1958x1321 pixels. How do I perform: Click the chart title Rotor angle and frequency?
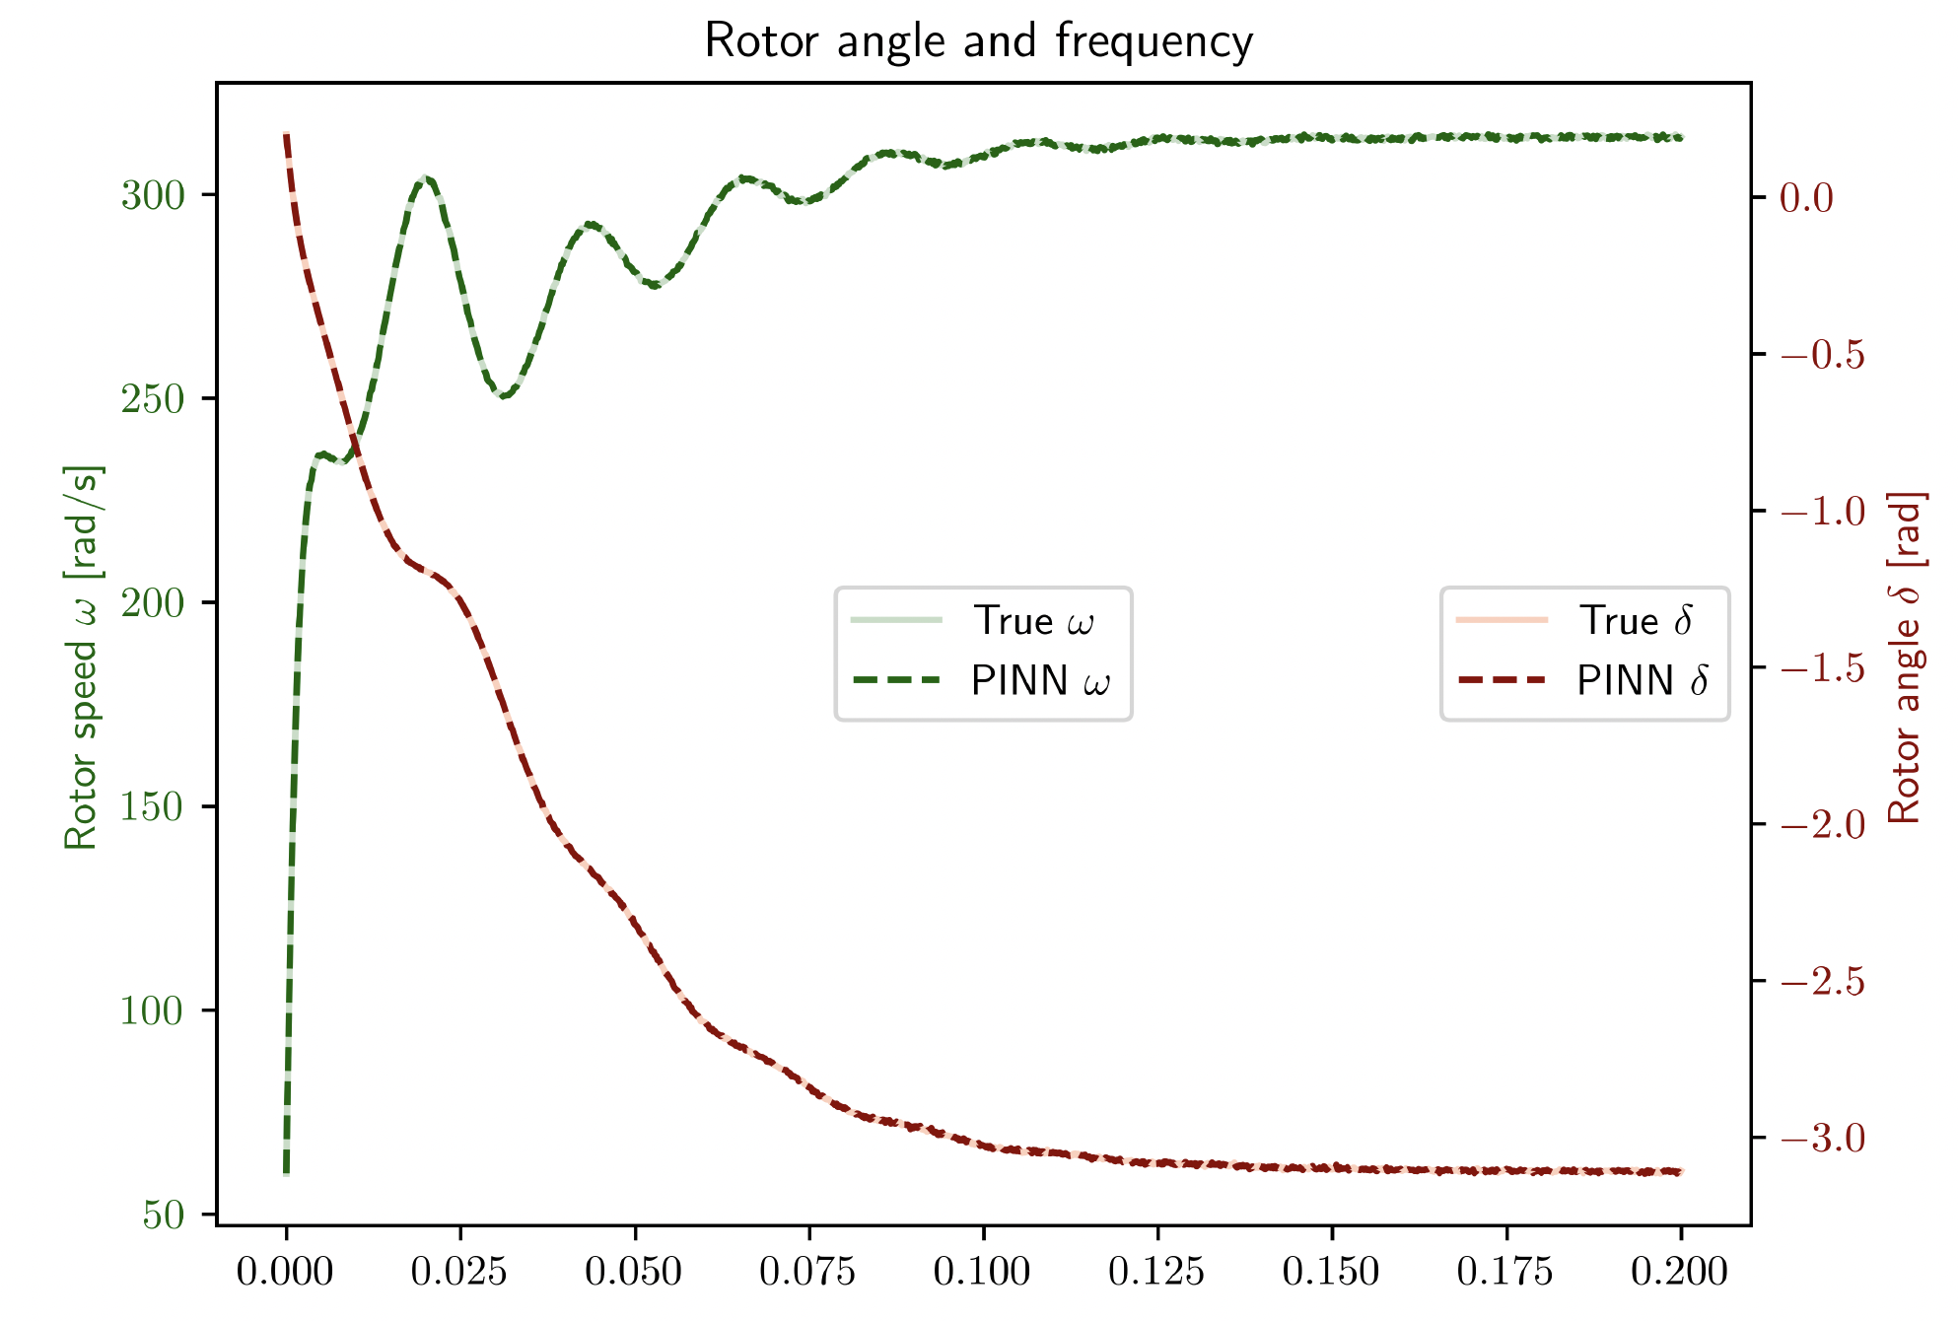click(978, 41)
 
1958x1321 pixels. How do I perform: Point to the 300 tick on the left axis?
click(153, 196)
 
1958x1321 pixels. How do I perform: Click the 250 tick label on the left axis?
click(153, 400)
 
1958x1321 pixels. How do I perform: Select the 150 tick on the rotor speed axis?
click(153, 807)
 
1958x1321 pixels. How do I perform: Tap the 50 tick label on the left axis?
click(164, 1216)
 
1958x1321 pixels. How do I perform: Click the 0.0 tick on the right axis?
click(1806, 198)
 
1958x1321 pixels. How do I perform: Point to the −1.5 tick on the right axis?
click(1823, 668)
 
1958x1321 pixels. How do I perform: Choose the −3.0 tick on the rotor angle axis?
click(1823, 1139)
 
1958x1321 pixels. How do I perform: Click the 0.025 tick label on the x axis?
click(459, 1272)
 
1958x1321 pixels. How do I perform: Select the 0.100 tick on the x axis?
click(983, 1272)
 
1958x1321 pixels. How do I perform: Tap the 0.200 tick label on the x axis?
click(1680, 1272)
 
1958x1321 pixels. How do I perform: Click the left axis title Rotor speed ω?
click(83, 657)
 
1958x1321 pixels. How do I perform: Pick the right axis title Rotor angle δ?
click(1905, 657)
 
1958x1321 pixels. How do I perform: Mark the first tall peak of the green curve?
click(425, 178)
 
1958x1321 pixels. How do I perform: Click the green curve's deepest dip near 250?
click(504, 396)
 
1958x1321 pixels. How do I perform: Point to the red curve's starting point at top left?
click(286, 134)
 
